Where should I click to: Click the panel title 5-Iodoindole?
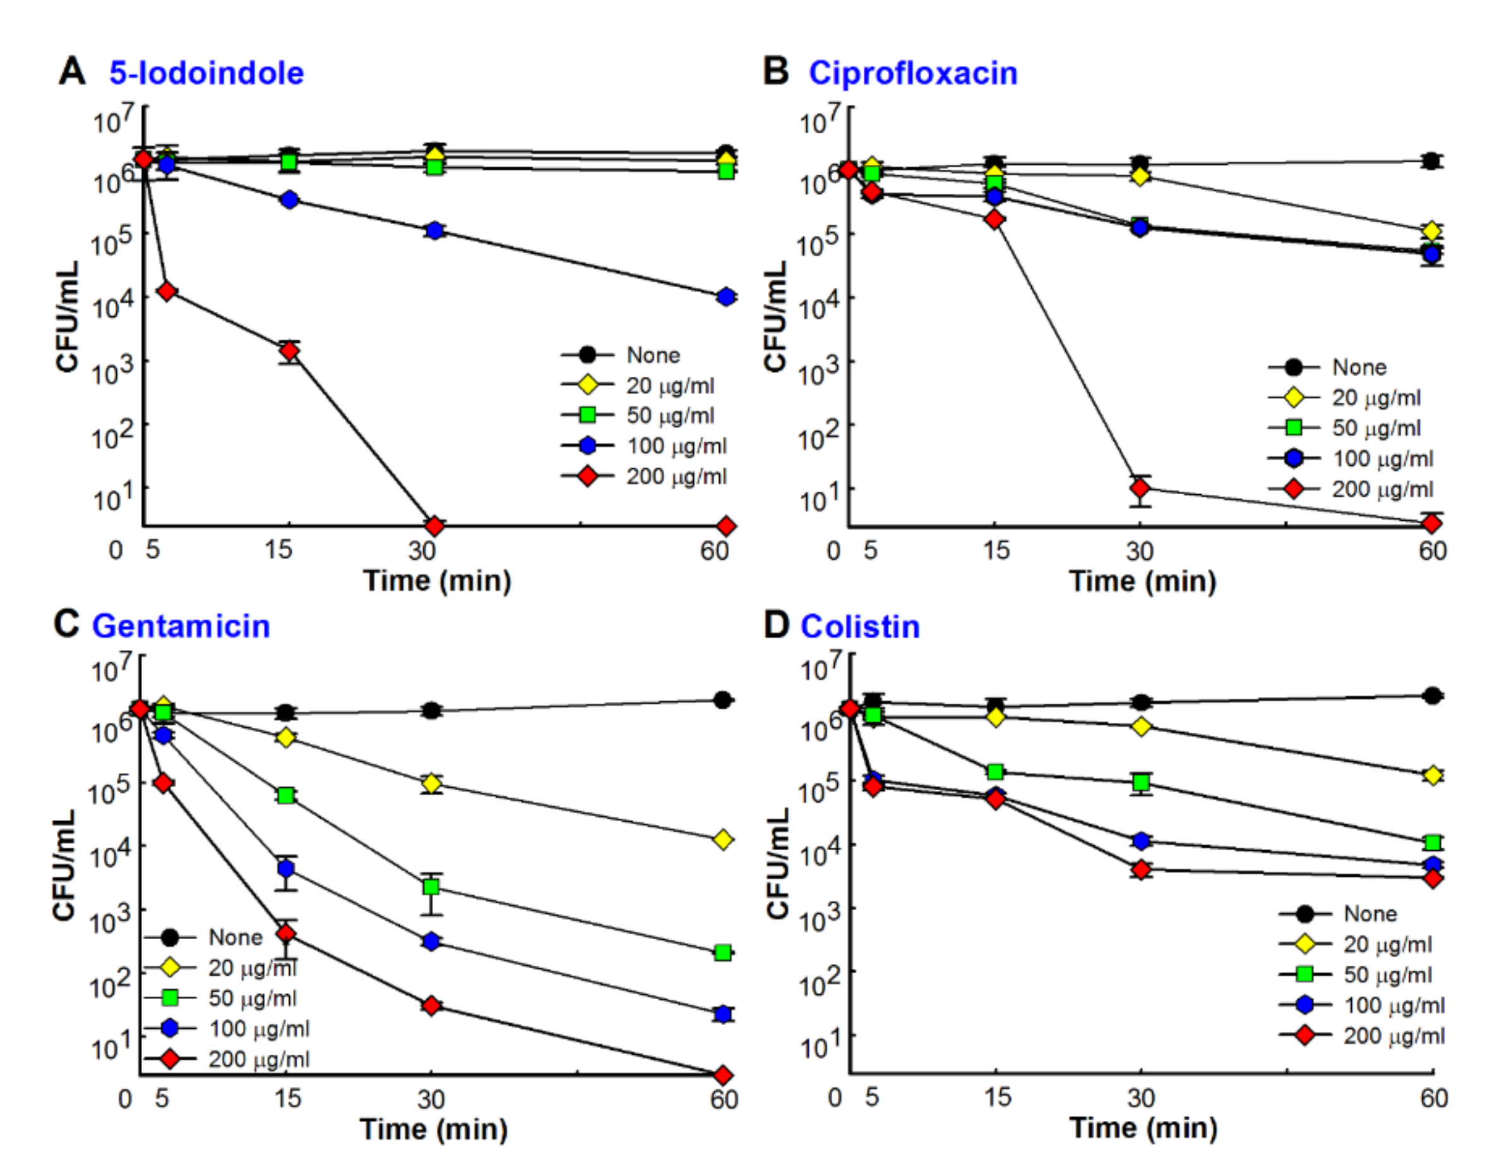[x=206, y=73]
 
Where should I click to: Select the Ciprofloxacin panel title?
[x=912, y=73]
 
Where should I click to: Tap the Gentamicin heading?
[x=181, y=626]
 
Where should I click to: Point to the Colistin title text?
[x=859, y=627]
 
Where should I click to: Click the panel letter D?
[x=776, y=626]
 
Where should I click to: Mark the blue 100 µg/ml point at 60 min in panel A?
[x=725, y=297]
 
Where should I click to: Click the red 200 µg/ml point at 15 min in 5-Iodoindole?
[x=289, y=351]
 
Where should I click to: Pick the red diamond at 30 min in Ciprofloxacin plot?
[x=1140, y=488]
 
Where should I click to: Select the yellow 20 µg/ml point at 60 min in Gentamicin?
[x=722, y=839]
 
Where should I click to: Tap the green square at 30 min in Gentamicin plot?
[x=431, y=887]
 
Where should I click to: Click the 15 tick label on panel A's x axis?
[x=278, y=550]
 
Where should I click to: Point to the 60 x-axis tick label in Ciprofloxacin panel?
[x=1433, y=550]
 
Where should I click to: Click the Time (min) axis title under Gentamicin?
[x=433, y=1129]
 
